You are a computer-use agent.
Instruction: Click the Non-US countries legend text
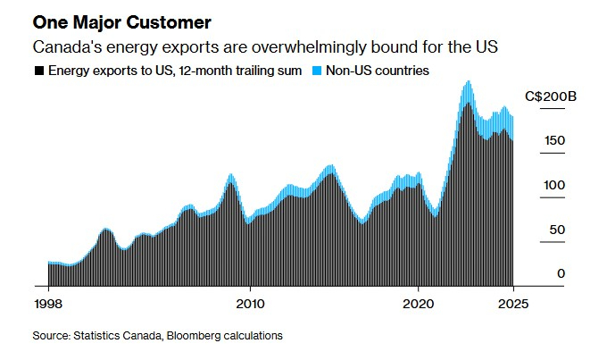pos(378,70)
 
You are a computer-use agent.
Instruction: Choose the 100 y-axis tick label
pos(553,185)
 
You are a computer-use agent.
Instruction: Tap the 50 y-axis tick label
pos(557,230)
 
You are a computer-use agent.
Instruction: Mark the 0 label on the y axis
pos(561,273)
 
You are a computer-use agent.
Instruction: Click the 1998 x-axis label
pos(47,303)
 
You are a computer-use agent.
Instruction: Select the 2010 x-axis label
pos(250,303)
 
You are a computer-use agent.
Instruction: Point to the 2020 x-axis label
pos(419,303)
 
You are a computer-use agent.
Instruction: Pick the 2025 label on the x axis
pos(513,303)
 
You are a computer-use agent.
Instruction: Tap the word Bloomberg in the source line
pos(204,336)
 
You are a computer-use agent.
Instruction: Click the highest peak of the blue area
pos(468,82)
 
